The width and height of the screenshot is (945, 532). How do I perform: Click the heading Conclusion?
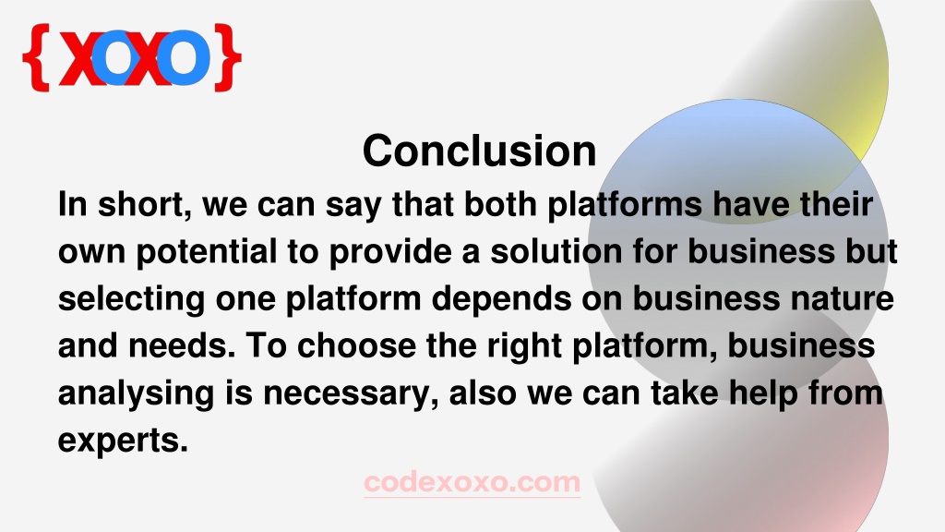[x=479, y=151]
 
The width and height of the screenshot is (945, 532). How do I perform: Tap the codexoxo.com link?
[x=472, y=482]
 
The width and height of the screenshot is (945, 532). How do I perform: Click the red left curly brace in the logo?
[x=36, y=57]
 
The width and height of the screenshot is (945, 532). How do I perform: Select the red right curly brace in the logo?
[x=228, y=57]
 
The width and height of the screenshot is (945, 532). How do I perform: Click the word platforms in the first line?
[x=625, y=205]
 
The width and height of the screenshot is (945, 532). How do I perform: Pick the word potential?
[x=207, y=252]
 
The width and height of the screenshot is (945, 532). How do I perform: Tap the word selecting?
[x=131, y=300]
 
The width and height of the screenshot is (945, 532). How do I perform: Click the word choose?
[x=356, y=346]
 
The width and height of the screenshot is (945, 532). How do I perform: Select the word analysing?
[x=137, y=394]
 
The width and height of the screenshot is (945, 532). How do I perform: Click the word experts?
[x=123, y=441]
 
